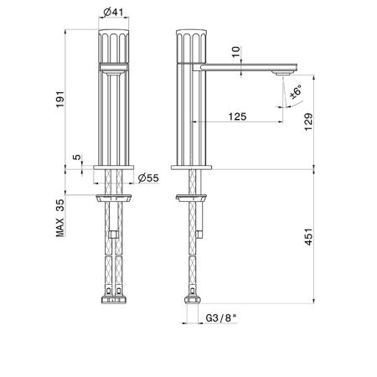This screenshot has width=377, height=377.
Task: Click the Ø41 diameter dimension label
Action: pos(113,12)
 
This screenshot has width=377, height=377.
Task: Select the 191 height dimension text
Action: pos(60,99)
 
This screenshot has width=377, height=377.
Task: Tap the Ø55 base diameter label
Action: pos(148,178)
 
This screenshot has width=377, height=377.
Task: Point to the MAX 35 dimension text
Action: pos(60,218)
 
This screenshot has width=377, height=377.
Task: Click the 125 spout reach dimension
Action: pos(237,116)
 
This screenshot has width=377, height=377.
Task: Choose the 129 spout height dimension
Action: pos(308,121)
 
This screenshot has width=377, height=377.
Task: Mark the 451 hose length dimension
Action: pos(308,237)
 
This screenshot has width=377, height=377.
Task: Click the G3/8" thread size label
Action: pos(221,318)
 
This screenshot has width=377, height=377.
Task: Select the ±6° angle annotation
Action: pos(296,92)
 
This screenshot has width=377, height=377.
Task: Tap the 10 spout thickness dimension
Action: pos(236,52)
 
